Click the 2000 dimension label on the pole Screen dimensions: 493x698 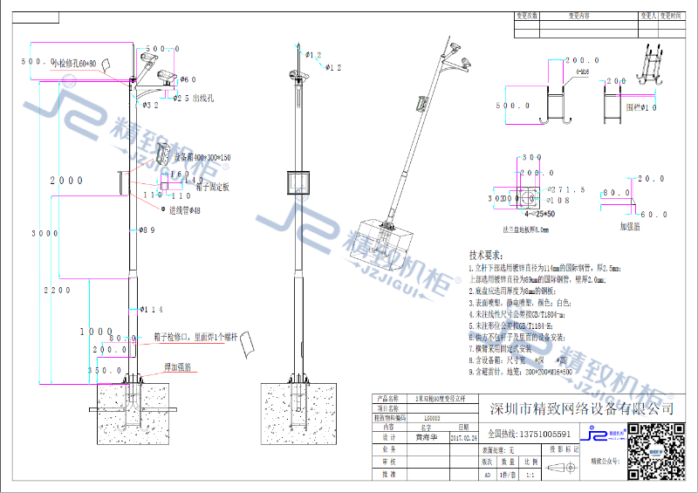point(66,180)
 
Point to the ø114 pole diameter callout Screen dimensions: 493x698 point(151,310)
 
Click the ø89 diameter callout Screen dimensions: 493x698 point(147,230)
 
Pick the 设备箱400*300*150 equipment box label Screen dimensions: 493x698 point(202,158)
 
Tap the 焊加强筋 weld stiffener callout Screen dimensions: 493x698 point(178,367)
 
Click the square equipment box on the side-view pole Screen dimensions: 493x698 point(301,183)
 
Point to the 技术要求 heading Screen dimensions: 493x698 point(487,255)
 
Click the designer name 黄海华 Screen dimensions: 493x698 point(427,439)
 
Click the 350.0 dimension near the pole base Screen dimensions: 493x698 point(111,370)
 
